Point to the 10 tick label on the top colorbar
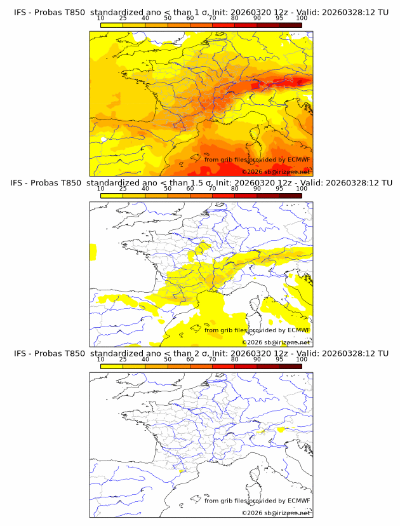click(101, 18)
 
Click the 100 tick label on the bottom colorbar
click(302, 360)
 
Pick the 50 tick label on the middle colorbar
click(168, 189)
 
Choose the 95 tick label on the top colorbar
click(279, 18)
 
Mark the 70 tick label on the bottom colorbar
click(213, 360)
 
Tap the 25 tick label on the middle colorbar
click(123, 189)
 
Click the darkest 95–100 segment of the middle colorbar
click(290, 196)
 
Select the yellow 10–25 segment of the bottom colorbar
click(112, 367)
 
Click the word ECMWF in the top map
click(298, 159)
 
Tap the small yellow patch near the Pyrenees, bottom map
click(182, 471)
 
